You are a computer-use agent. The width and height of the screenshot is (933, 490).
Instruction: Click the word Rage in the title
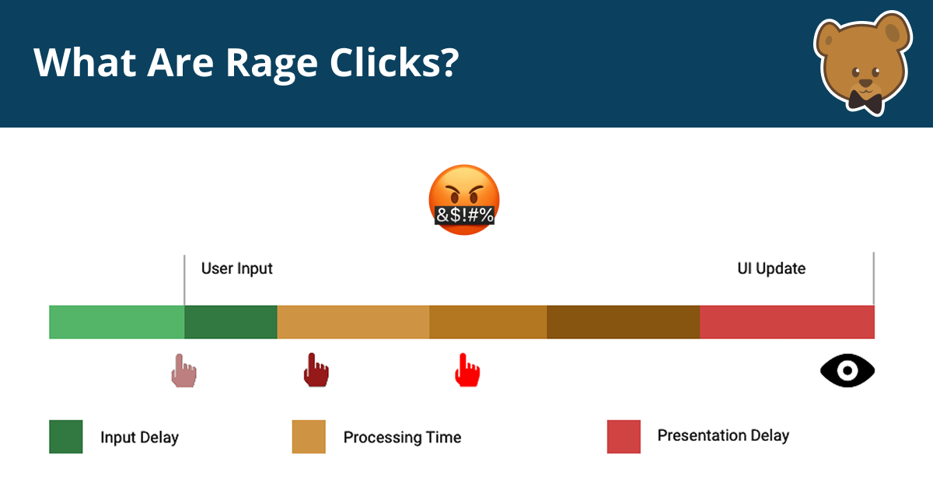coord(265,63)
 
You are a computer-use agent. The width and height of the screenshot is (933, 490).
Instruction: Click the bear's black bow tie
coord(864,100)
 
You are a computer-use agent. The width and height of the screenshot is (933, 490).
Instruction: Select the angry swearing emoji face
coord(464,199)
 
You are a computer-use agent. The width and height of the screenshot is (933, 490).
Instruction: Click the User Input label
coord(236,269)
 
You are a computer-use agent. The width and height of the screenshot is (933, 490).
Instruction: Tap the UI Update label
coord(771,269)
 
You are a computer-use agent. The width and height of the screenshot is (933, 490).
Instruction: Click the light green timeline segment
coord(117,322)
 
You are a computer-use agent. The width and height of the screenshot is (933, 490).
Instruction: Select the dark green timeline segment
coord(231,322)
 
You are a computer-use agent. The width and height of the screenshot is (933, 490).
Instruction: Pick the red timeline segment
coord(787,322)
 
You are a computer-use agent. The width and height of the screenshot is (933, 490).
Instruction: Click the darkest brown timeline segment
coord(623,322)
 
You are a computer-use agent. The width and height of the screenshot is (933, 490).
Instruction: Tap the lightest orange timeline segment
coord(353,322)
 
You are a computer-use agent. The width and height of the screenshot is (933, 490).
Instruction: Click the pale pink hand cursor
coord(183,371)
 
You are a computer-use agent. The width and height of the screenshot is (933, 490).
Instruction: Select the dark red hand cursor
coord(315,370)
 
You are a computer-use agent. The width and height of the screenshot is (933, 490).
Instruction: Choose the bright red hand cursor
coord(466,370)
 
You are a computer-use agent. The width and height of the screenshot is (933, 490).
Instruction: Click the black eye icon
coord(847,370)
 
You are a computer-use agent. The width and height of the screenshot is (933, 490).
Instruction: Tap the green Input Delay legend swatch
coord(66,437)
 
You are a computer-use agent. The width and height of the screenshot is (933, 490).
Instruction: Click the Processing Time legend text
coord(402,438)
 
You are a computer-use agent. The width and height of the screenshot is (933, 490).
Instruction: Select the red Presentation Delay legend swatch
coord(624,437)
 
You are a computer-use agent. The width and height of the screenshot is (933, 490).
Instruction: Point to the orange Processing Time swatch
coord(309,437)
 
